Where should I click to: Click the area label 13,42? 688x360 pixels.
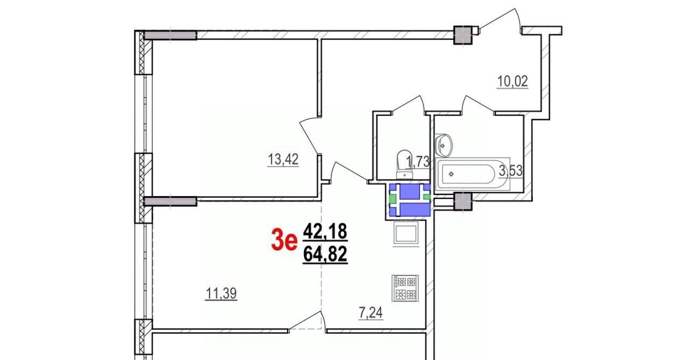point(283,160)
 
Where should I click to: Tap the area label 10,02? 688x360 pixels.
point(512,81)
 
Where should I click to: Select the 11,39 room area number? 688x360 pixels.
point(221,293)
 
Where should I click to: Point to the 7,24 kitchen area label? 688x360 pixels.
point(371,313)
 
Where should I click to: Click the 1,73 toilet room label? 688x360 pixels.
point(418,162)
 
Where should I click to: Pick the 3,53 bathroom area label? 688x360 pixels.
point(511,171)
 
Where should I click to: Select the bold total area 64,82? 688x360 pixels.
point(325,255)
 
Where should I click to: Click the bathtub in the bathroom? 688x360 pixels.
point(472,174)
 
